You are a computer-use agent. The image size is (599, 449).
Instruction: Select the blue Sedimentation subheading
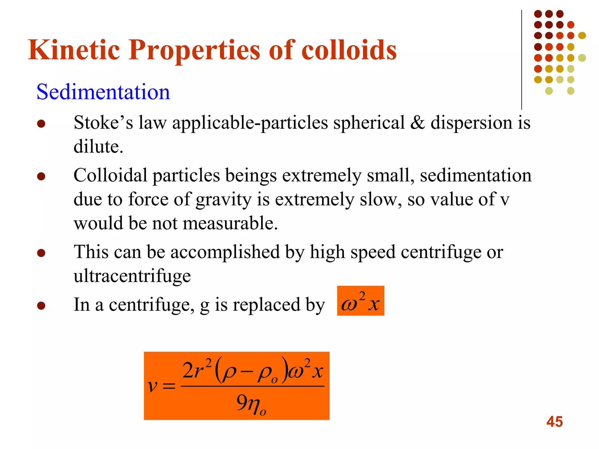[103, 92]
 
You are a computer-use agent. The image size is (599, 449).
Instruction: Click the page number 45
[554, 422]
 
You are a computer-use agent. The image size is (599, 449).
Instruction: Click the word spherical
[369, 123]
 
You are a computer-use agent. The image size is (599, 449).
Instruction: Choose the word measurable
[230, 223]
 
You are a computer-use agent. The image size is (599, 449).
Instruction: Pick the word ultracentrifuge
[132, 276]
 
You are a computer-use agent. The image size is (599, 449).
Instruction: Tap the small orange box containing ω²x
[360, 301]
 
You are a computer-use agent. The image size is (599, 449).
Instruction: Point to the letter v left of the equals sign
[153, 386]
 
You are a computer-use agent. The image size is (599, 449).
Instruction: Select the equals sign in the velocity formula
[169, 386]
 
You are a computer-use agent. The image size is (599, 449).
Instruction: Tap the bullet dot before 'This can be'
[41, 253]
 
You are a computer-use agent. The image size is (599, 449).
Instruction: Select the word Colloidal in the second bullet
[110, 175]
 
